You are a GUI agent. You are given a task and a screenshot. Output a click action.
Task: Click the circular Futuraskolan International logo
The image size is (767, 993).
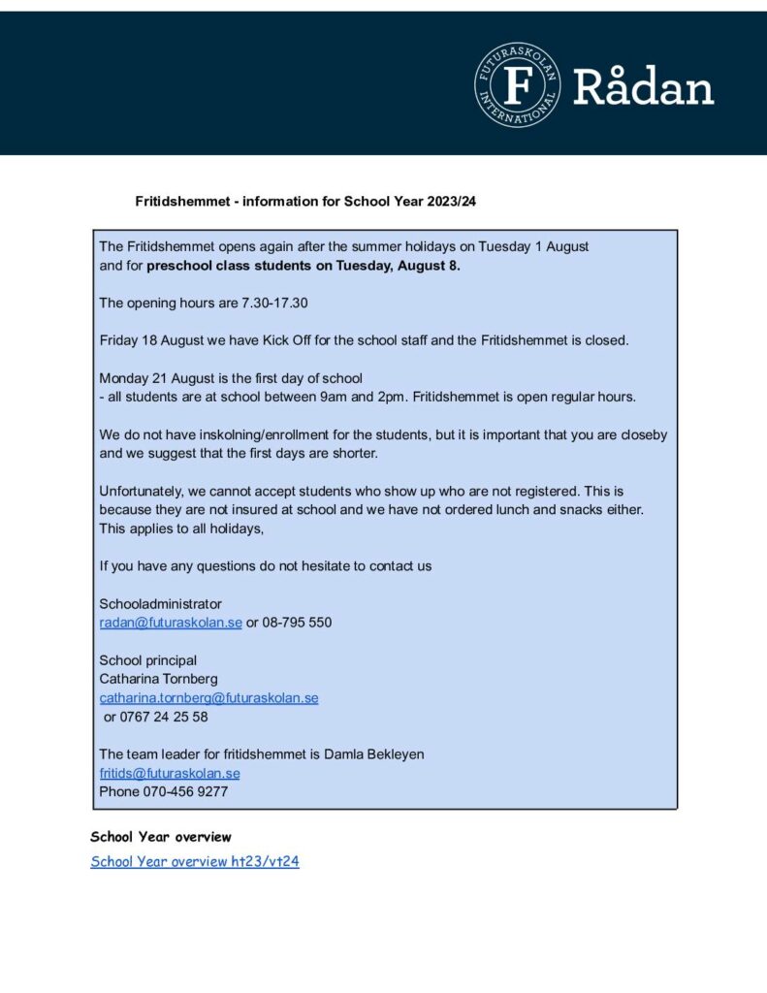coord(518,84)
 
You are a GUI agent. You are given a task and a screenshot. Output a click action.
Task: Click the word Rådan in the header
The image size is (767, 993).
coord(643,87)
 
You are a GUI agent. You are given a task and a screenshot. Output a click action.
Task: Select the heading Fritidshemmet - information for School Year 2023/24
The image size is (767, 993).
coord(306,202)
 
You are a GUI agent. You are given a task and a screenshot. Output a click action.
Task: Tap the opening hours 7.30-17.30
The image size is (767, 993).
coord(274,303)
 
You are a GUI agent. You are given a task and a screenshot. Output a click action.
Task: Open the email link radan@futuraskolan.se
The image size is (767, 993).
coord(171,623)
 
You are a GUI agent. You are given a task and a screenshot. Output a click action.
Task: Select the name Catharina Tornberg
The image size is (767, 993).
coord(159,679)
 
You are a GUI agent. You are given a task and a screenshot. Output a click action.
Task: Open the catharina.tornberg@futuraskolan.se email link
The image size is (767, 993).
coord(208,698)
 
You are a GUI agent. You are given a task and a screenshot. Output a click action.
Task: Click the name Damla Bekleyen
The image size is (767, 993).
coord(376,753)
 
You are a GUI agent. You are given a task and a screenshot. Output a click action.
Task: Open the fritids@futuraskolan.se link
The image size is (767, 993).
coord(170,773)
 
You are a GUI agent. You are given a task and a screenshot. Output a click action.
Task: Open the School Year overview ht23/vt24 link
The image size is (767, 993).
coord(195,861)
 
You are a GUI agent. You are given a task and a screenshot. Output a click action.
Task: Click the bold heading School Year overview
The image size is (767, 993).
coord(161,837)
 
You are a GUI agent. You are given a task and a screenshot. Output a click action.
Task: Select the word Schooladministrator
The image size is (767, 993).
coord(160,603)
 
